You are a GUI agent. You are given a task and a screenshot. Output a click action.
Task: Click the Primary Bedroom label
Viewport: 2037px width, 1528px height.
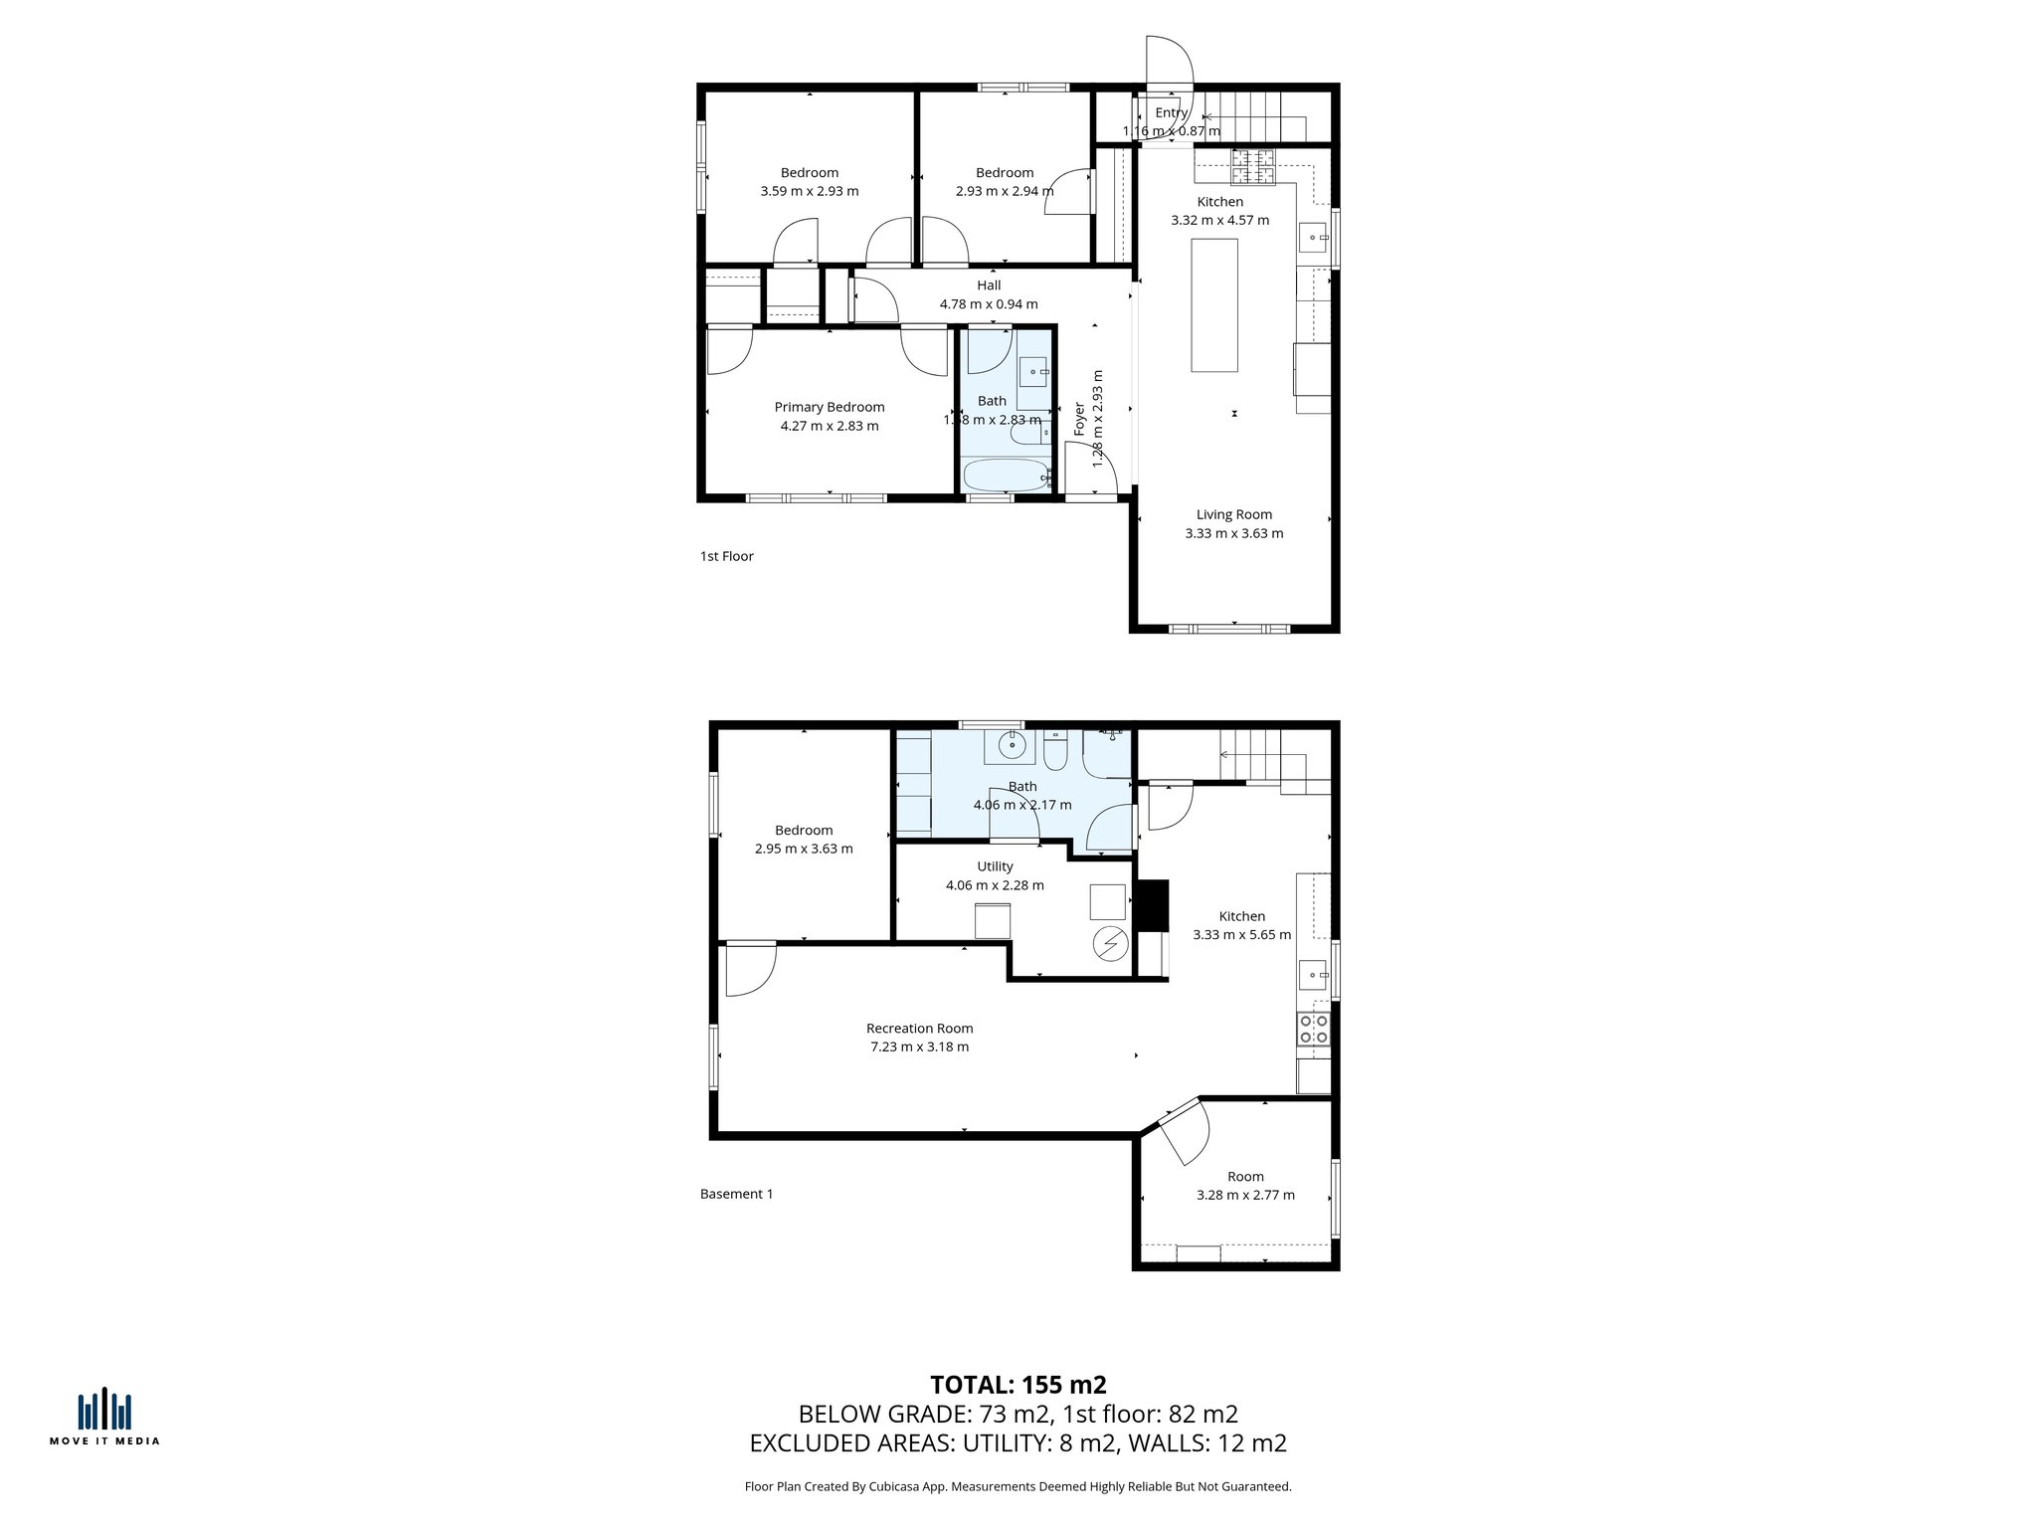point(829,407)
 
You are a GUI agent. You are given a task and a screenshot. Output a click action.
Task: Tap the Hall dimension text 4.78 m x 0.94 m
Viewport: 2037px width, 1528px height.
point(988,304)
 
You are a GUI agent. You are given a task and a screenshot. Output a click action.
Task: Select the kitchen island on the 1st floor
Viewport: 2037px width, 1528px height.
point(1213,305)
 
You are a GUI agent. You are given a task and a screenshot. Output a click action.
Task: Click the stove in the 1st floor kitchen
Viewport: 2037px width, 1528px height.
point(1253,167)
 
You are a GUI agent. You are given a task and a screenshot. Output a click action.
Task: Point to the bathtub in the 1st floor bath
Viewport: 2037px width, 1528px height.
point(1007,476)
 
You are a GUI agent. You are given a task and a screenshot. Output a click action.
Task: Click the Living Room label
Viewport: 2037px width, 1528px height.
point(1233,514)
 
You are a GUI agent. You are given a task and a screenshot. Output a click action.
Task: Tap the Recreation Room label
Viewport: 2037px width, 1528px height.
point(919,1029)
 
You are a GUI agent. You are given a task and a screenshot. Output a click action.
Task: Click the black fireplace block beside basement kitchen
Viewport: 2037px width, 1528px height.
point(1153,904)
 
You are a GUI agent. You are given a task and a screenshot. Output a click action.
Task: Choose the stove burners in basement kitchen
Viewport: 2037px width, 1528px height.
point(1313,1029)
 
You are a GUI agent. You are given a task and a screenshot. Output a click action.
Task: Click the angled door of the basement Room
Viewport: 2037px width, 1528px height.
point(1184,1130)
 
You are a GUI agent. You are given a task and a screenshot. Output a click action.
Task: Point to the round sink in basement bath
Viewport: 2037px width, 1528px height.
point(1013,744)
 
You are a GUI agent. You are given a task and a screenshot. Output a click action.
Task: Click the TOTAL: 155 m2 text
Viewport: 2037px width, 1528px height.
point(1018,1385)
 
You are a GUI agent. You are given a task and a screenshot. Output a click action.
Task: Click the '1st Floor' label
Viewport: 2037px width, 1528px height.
point(726,556)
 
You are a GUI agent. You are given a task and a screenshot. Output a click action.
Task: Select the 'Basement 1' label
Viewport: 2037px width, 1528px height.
point(736,1194)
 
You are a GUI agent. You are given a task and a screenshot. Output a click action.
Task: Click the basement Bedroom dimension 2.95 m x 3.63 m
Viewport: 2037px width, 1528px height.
point(804,849)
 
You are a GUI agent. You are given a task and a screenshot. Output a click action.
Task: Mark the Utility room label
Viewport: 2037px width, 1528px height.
point(995,866)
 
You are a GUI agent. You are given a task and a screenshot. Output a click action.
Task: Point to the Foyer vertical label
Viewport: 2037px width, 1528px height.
point(1079,420)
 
